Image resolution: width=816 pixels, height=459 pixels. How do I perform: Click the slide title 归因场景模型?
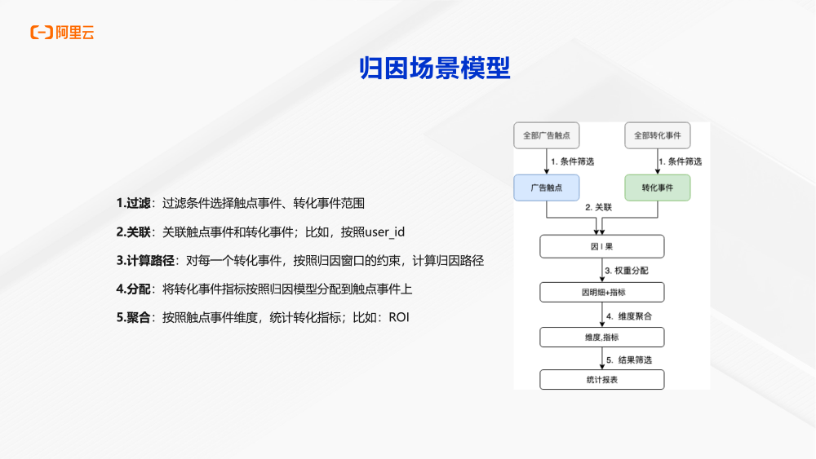[435, 68]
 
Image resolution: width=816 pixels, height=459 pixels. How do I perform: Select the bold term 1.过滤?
[134, 203]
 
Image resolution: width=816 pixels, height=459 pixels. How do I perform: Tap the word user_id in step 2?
[384, 232]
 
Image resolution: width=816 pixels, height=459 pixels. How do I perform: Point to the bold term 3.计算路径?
[145, 260]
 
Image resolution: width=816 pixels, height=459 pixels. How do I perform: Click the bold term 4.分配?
[134, 289]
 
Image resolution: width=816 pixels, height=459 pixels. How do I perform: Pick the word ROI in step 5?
[398, 317]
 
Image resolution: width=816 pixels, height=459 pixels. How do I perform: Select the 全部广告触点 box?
[546, 135]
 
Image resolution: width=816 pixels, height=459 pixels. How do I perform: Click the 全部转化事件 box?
[657, 135]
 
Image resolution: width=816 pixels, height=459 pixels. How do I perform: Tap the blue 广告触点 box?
[546, 188]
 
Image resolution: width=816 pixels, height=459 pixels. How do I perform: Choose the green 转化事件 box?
[657, 188]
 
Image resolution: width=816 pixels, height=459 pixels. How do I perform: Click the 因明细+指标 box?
[602, 292]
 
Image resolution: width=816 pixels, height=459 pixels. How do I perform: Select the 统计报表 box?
[602, 379]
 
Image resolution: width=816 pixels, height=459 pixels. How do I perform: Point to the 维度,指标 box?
[602, 337]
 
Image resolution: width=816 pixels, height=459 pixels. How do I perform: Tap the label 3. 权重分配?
[627, 270]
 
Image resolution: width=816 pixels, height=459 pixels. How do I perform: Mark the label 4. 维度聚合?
[628, 315]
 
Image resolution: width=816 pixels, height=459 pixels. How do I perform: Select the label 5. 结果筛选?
[628, 360]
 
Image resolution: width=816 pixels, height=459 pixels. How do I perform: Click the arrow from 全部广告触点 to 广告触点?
[546, 161]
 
